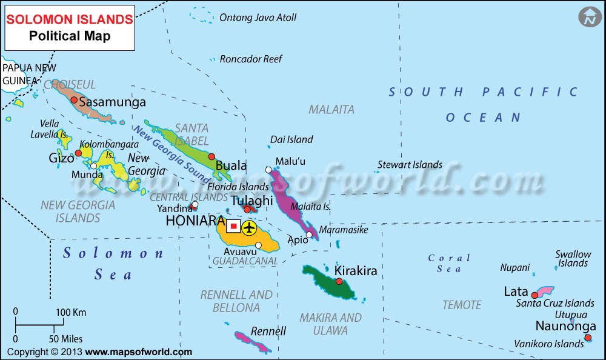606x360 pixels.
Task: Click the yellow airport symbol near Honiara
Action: [249, 228]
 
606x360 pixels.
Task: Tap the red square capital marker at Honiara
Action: [233, 227]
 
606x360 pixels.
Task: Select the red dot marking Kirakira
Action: [339, 281]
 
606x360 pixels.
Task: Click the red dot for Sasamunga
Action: [74, 100]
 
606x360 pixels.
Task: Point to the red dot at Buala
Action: [211, 156]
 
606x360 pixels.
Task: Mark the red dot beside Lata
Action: [534, 295]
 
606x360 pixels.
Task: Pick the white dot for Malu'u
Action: [268, 170]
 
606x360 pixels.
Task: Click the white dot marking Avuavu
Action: [259, 245]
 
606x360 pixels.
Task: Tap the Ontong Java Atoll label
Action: [258, 18]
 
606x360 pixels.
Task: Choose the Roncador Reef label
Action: [251, 59]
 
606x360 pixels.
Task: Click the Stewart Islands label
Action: [410, 164]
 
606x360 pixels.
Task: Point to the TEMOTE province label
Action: [462, 305]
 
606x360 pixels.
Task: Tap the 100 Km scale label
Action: [71, 313]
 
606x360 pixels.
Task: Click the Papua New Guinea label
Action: [24, 73]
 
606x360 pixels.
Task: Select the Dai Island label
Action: [291, 139]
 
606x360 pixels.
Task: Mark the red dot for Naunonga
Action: [587, 338]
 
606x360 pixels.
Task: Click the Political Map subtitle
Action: [70, 36]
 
